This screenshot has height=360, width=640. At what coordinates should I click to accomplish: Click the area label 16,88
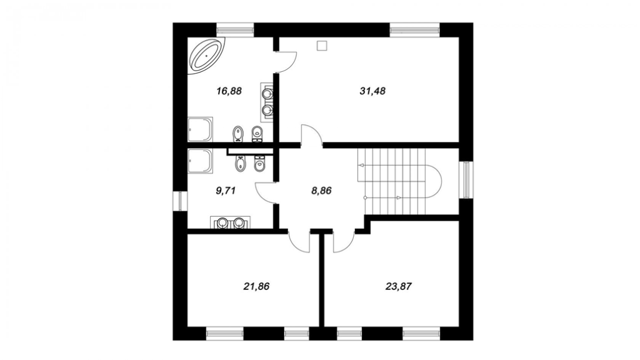pyautogui.click(x=229, y=91)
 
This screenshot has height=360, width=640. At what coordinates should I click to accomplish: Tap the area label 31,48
pyautogui.click(x=372, y=91)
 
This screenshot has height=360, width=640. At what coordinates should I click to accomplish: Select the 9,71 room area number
pyautogui.click(x=226, y=190)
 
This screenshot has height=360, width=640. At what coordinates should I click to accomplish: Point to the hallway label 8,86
pyautogui.click(x=321, y=190)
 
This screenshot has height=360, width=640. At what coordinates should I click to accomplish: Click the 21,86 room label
pyautogui.click(x=256, y=286)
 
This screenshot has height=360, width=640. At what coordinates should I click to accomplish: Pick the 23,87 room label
pyautogui.click(x=398, y=286)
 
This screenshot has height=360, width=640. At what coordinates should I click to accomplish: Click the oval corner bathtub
pyautogui.click(x=206, y=56)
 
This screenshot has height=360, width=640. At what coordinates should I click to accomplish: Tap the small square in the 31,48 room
pyautogui.click(x=322, y=46)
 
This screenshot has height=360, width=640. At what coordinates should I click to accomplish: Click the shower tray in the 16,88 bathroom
pyautogui.click(x=200, y=129)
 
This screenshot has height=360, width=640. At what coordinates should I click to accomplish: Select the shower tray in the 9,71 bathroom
pyautogui.click(x=200, y=161)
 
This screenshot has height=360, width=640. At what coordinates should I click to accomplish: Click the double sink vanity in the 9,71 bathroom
pyautogui.click(x=230, y=222)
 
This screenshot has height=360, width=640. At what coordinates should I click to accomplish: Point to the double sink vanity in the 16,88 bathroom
pyautogui.click(x=267, y=102)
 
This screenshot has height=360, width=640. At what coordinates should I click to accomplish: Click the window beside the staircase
pyautogui.click(x=466, y=180)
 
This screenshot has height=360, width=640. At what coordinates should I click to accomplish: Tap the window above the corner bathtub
pyautogui.click(x=235, y=29)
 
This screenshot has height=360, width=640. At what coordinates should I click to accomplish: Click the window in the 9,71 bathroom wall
pyautogui.click(x=180, y=202)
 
